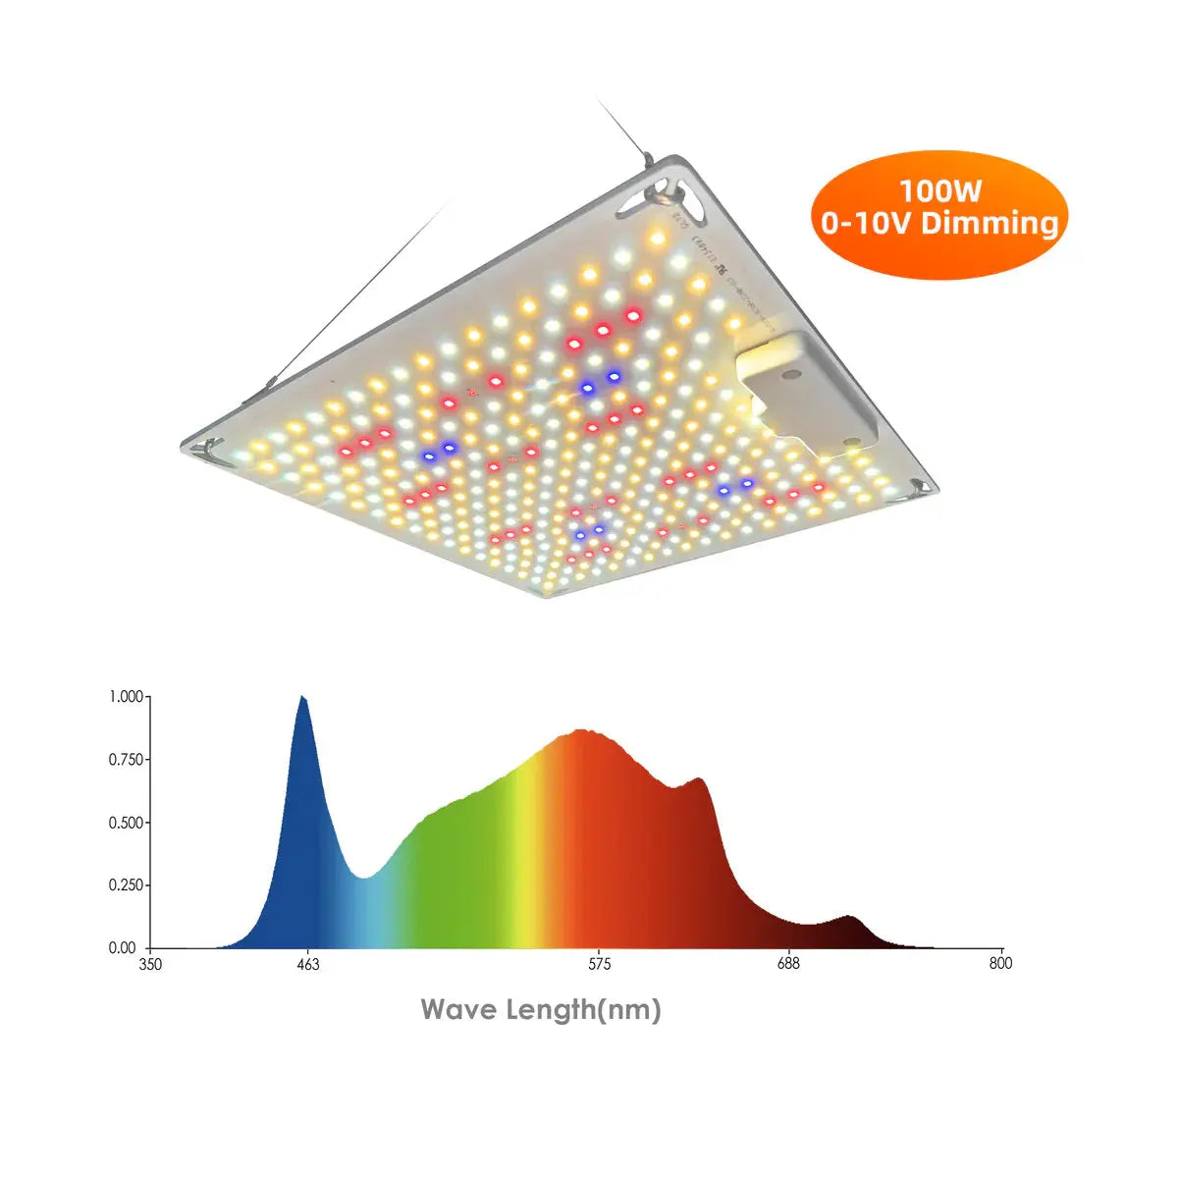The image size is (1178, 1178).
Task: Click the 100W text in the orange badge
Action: pos(939,189)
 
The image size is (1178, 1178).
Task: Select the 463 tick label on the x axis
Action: pos(307,965)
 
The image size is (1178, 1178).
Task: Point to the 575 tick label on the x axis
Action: pos(599,965)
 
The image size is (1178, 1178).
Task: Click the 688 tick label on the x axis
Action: pos(788,965)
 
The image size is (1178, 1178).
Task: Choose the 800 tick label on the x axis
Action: pos(1000,965)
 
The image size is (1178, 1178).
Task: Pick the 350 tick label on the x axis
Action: pos(150,965)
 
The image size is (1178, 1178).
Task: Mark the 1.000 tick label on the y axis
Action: pos(126,697)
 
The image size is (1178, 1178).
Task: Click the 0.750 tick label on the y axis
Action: pos(126,760)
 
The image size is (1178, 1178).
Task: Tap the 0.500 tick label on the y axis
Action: pos(126,823)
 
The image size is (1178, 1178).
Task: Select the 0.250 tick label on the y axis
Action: pos(126,885)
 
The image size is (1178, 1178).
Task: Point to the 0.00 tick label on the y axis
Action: pos(123,948)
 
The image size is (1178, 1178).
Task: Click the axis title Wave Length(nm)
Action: pos(541,1009)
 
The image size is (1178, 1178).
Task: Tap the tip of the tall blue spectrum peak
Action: pos(303,698)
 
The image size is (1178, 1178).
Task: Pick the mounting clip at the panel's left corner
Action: pos(207,450)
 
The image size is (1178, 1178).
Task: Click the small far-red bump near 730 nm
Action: pos(850,919)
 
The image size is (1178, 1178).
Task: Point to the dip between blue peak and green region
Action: pos(364,877)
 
